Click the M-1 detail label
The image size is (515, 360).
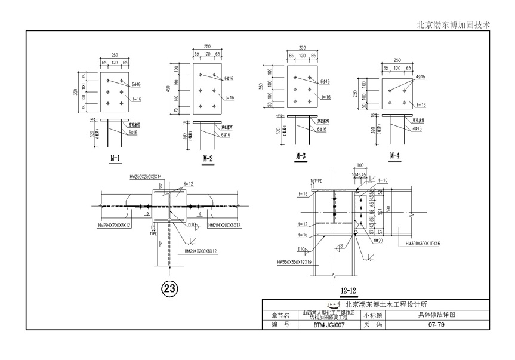(115, 158)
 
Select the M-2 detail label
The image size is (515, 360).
(208, 158)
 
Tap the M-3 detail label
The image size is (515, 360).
(301, 156)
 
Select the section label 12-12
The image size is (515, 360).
(349, 291)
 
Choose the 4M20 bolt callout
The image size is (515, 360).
(375, 241)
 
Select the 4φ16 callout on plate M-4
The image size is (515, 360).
(417, 77)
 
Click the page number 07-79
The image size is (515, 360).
(436, 324)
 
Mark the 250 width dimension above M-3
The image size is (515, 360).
(302, 48)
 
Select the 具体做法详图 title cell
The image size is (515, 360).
(436, 314)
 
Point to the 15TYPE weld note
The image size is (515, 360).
(316, 180)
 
